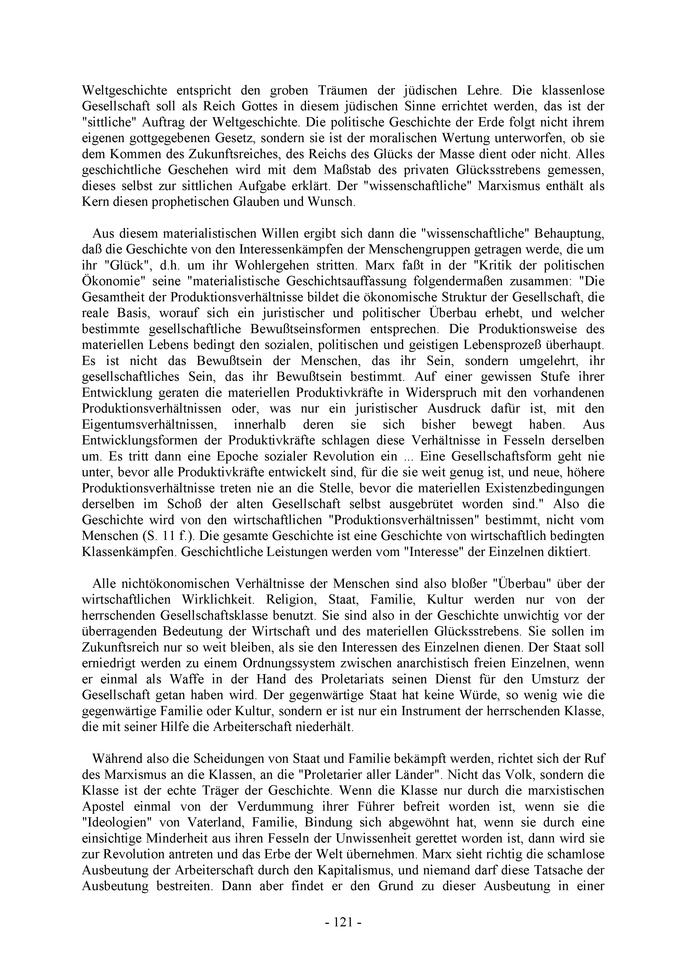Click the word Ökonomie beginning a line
point(106,281)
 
